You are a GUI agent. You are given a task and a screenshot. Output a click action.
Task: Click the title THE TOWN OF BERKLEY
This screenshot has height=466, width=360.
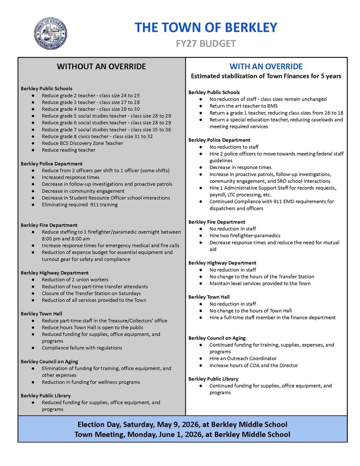point(206,27)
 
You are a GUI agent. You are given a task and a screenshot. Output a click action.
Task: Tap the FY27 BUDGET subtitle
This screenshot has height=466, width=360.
point(206,44)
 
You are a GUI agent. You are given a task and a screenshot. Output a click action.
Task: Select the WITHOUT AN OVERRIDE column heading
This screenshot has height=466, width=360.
point(101,66)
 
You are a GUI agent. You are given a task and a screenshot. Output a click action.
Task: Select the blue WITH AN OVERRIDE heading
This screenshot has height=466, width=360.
point(266,66)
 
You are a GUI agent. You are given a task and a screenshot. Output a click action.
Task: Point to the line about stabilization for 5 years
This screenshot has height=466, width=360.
point(266,76)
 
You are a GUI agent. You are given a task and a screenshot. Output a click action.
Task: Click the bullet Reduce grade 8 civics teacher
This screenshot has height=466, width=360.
point(97,136)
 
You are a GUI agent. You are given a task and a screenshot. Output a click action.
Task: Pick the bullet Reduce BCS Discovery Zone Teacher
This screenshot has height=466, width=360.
point(82,143)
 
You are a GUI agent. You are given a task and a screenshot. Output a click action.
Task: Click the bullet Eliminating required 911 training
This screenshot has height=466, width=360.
point(79,204)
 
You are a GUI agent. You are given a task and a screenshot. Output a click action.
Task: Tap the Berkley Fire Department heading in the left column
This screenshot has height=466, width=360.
point(49,225)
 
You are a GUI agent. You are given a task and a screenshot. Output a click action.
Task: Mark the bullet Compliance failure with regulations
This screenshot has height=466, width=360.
point(82,348)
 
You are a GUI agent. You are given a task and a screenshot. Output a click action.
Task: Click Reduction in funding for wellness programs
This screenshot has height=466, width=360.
point(91,382)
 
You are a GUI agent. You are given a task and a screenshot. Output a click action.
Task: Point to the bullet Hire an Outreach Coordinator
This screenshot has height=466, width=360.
point(243,358)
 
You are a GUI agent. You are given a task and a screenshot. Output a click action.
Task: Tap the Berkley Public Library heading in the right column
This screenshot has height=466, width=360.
point(213,379)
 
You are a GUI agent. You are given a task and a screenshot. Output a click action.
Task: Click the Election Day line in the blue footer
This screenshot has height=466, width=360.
point(182,424)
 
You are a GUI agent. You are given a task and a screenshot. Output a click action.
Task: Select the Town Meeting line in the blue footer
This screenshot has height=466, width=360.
point(182,434)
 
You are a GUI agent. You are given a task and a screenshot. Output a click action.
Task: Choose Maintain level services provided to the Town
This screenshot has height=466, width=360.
point(260,283)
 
